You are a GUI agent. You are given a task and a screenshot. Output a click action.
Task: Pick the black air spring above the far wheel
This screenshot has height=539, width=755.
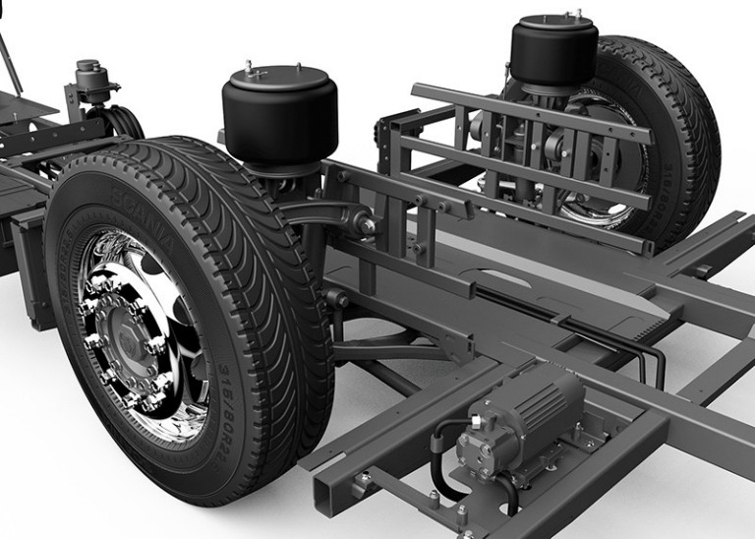pyautogui.click(x=553, y=51)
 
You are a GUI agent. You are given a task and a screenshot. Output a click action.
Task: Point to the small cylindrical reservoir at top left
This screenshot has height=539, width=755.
pyautogui.click(x=89, y=79)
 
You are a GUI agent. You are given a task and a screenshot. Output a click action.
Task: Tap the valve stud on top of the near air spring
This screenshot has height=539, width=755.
pyautogui.click(x=250, y=68)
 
